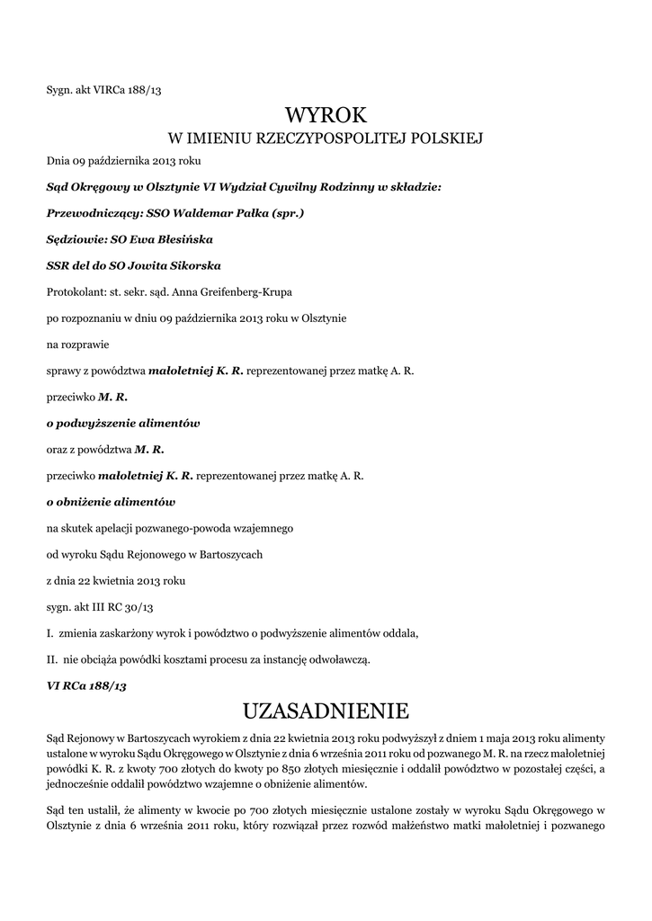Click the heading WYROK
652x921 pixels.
(326, 115)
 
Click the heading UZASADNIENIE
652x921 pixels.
(326, 711)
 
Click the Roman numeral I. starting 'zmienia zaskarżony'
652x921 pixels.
(49, 633)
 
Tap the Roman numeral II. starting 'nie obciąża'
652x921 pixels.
(52, 659)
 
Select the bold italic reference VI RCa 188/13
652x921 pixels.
(86, 685)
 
